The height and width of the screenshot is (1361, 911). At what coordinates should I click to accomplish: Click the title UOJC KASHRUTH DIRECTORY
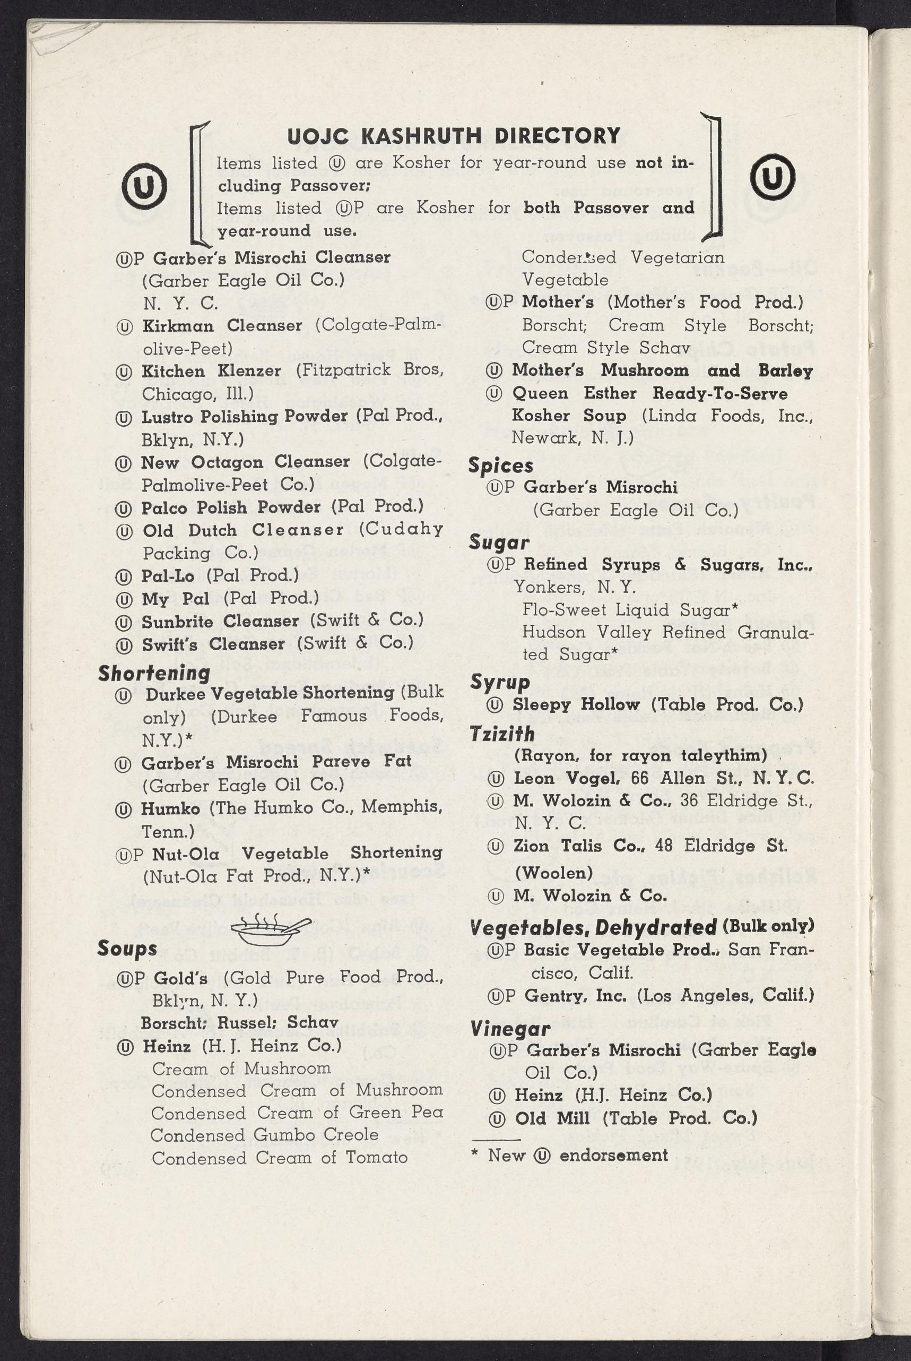point(454,136)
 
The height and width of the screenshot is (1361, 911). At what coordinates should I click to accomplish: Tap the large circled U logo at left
point(145,186)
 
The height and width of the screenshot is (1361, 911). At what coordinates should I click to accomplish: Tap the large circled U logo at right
point(772,177)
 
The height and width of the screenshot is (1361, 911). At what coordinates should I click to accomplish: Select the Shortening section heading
point(154,673)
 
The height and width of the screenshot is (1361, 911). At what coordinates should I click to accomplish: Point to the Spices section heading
point(501,466)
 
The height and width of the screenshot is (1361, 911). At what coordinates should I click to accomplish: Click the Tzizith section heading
point(502,734)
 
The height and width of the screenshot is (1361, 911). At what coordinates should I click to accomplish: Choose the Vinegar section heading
point(509,1029)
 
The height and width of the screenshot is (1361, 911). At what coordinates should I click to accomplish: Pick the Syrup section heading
point(500,682)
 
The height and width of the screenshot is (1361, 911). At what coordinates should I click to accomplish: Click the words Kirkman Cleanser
point(222,325)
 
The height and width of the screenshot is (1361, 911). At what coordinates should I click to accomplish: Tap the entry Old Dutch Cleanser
point(244,530)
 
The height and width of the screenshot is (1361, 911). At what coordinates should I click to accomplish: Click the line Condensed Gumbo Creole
point(264,1134)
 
